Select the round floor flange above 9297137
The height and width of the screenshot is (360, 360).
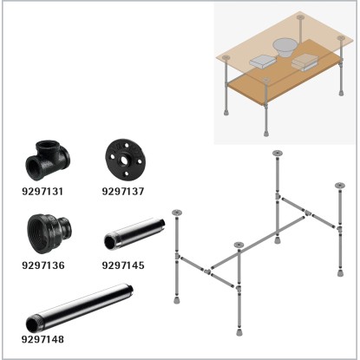pos(125,160)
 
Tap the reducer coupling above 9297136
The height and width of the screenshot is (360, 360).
pos(49,233)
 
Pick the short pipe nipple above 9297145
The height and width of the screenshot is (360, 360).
pos(134,235)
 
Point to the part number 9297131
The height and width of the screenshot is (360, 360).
pos(43,192)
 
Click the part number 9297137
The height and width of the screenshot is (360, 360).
pos(123,192)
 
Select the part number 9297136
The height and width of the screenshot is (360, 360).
pos(43,265)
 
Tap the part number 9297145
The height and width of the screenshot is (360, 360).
pos(123,265)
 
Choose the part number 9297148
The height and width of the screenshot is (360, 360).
pos(43,339)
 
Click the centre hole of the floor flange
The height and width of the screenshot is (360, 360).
pos(125,160)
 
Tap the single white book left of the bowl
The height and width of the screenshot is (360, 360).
pos(262,62)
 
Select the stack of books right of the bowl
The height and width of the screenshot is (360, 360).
pos(304,63)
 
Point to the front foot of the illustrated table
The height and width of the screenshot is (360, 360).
pos(265,134)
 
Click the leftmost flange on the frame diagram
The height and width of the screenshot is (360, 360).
pos(177,213)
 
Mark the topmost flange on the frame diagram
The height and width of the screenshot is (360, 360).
pos(278,154)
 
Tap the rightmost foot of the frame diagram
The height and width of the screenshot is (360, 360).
pos(341,272)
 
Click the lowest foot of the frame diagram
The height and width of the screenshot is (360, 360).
pos(239,331)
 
